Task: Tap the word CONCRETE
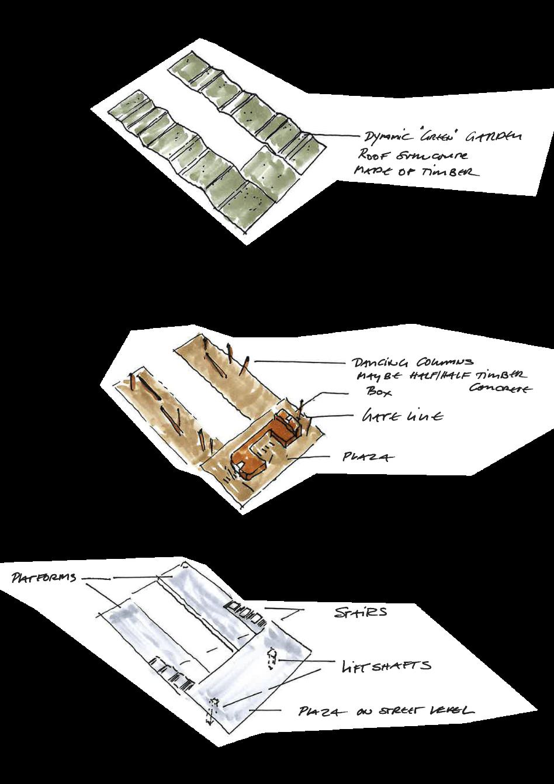[501, 389]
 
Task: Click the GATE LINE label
[402, 416]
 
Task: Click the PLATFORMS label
[44, 578]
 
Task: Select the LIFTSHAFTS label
[386, 665]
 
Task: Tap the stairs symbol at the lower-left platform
[173, 673]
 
